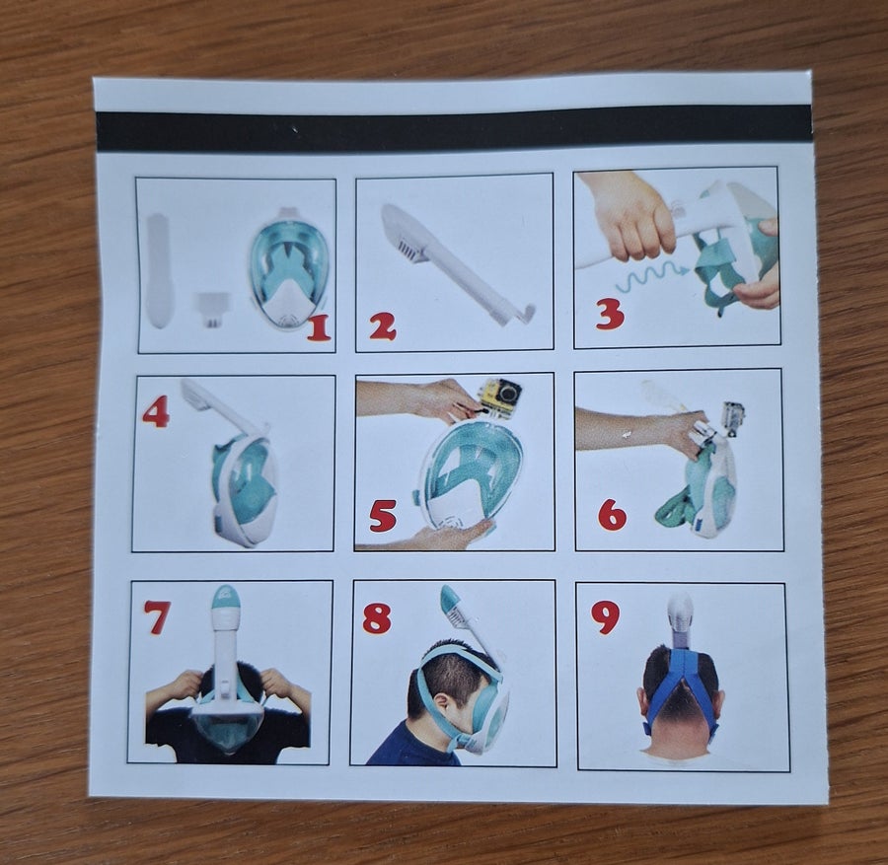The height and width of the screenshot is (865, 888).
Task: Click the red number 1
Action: [319, 327]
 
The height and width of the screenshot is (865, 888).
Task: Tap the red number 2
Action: [382, 326]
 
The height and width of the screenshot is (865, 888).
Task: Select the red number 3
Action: [610, 315]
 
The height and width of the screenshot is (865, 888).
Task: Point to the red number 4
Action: [156, 411]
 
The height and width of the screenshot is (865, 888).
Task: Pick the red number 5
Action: [382, 516]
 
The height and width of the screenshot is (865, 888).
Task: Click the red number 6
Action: [612, 515]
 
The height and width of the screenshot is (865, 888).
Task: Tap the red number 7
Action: [156, 616]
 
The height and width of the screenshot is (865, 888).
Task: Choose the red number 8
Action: [377, 617]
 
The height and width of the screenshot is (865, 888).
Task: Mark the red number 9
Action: [605, 617]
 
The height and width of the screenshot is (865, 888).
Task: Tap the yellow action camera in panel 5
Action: [501, 396]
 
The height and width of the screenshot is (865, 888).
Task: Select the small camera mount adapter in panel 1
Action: [212, 309]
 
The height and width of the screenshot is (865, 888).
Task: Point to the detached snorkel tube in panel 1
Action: [158, 270]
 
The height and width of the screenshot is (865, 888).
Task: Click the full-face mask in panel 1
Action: [288, 270]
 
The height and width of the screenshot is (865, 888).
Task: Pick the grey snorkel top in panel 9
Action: [680, 618]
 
